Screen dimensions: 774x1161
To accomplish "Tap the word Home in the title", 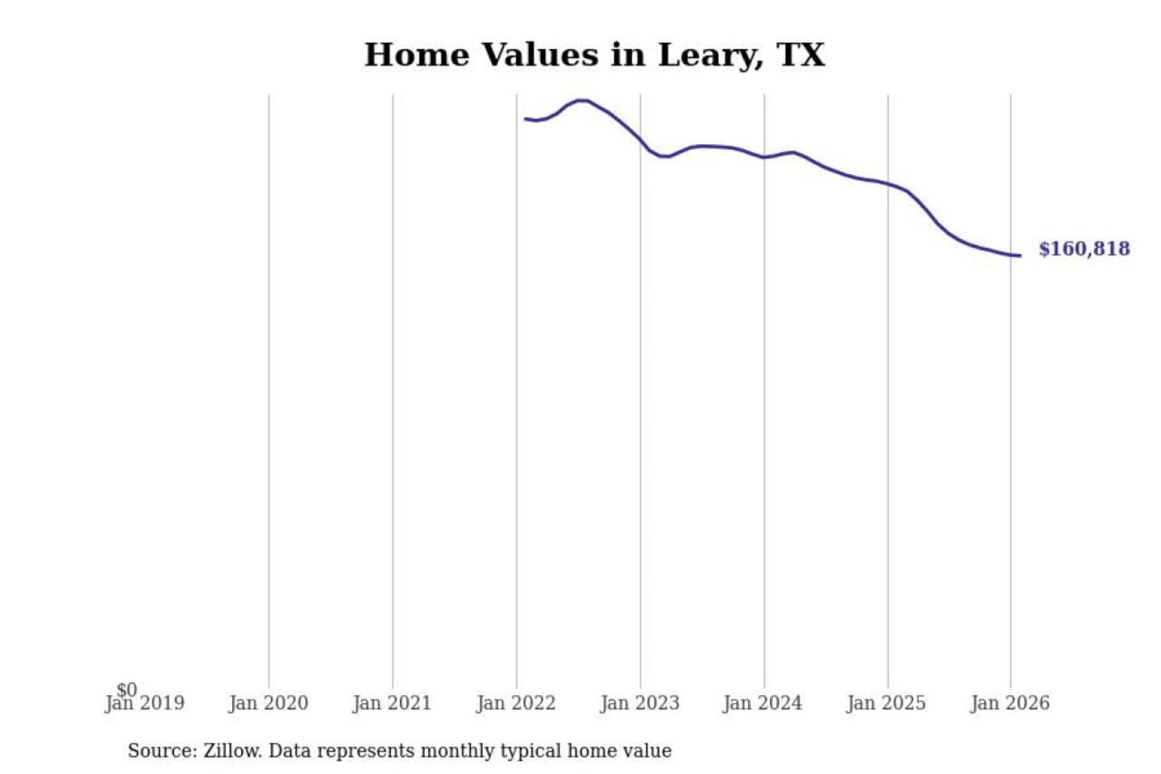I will pyautogui.click(x=416, y=55).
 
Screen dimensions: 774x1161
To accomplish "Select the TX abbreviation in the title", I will pyautogui.click(x=801, y=55).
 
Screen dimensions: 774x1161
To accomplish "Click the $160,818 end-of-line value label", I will pyautogui.click(x=1084, y=249).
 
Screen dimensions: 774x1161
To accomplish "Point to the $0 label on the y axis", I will pyautogui.click(x=127, y=689).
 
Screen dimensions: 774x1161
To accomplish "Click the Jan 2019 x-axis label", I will pyautogui.click(x=145, y=704).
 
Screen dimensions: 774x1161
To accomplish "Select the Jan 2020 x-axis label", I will pyautogui.click(x=268, y=704).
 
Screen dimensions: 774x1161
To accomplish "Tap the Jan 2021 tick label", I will pyautogui.click(x=392, y=704).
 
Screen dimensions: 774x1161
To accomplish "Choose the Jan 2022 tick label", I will pyautogui.click(x=516, y=704).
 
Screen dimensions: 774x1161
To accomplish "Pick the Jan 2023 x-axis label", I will pyautogui.click(x=640, y=704).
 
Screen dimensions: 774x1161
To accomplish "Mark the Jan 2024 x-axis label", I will pyautogui.click(x=763, y=704).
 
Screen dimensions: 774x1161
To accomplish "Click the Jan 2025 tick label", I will pyautogui.click(x=886, y=704).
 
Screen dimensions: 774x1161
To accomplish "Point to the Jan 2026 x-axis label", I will pyautogui.click(x=1010, y=704).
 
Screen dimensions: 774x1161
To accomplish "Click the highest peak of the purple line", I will pyautogui.click(x=581, y=101).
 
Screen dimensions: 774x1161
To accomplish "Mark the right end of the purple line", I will pyautogui.click(x=1020, y=256).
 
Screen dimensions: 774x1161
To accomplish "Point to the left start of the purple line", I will pyautogui.click(x=526, y=119).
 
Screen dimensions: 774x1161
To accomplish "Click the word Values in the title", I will pyautogui.click(x=540, y=55).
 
